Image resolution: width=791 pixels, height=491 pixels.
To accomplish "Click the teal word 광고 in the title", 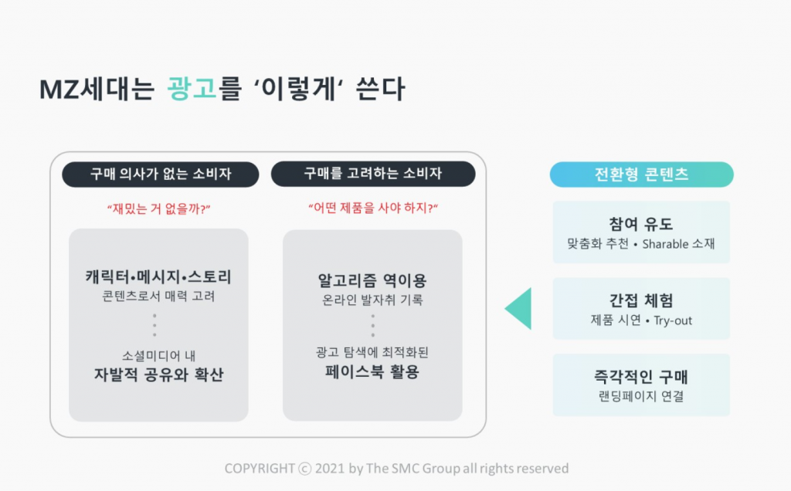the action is [192, 89].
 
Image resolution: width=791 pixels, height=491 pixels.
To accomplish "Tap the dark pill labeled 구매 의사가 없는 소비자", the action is [161, 174].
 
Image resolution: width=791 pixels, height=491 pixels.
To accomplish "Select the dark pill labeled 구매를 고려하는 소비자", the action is [373, 174].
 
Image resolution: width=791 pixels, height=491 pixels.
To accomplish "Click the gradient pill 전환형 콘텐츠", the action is [641, 174].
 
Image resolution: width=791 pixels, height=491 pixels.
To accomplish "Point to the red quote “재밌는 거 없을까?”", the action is [159, 208].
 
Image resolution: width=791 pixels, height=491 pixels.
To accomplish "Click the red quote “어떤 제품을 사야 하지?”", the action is [373, 208].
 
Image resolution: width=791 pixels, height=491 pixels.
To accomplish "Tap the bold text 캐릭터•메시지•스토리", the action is [158, 276].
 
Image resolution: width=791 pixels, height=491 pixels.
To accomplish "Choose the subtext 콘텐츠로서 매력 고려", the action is [158, 296].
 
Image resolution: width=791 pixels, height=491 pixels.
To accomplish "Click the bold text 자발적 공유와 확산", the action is [158, 374].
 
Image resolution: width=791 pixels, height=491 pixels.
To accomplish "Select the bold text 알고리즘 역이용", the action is [372, 280].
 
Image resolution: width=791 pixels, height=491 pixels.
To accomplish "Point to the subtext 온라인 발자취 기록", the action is [372, 300].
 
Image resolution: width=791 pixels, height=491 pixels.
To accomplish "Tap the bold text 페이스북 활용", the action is [372, 371].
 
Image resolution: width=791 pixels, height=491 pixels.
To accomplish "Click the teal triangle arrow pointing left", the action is [518, 309].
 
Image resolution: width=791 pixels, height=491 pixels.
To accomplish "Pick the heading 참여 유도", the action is [640, 224].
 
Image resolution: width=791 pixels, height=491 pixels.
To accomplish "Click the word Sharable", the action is [665, 244].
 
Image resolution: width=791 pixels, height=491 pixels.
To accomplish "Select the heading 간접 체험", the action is [640, 300].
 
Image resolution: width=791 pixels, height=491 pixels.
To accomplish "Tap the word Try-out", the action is [673, 320].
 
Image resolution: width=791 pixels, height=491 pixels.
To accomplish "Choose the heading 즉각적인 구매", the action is [640, 377].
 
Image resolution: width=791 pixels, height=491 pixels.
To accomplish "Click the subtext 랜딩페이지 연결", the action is [640, 396].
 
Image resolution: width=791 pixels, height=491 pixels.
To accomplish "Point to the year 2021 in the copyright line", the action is [329, 469].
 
